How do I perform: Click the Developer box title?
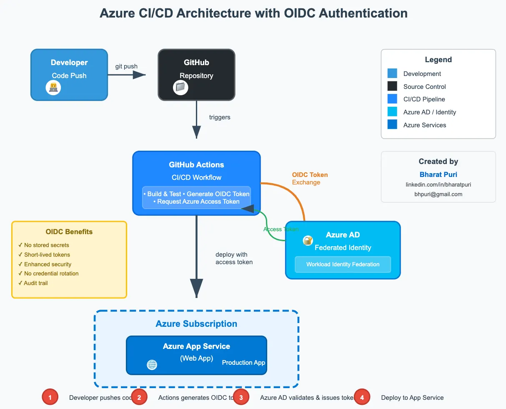[69, 63]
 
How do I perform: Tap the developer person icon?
[53, 88]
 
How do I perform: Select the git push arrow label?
[126, 66]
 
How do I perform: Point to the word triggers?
[220, 117]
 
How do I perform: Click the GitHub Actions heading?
[196, 164]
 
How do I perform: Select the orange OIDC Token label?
[310, 175]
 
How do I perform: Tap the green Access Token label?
[281, 229]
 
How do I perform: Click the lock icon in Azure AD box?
[308, 240]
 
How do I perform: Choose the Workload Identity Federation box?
[343, 264]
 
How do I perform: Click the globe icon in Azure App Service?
[152, 365]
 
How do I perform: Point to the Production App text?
[243, 363]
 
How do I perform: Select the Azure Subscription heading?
[196, 324]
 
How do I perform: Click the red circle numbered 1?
[50, 398]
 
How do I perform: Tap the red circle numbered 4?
[362, 398]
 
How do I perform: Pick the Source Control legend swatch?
[392, 86]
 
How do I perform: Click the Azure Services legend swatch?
[392, 125]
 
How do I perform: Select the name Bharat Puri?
[438, 174]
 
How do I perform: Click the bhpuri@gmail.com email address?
[438, 194]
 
